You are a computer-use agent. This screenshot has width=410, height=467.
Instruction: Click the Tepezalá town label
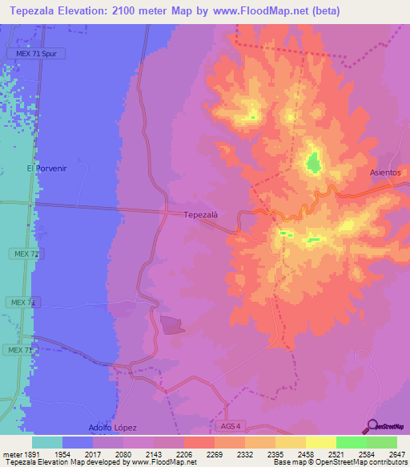pos(201,214)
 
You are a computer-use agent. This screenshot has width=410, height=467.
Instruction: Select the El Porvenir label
pos(44,169)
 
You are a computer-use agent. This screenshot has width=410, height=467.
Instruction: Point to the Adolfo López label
pos(112,428)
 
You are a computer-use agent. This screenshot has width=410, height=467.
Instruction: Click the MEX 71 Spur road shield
pos(36,53)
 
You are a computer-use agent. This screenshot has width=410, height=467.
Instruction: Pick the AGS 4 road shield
pos(229,426)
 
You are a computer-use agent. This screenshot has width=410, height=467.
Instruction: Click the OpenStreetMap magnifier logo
pos(373,426)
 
